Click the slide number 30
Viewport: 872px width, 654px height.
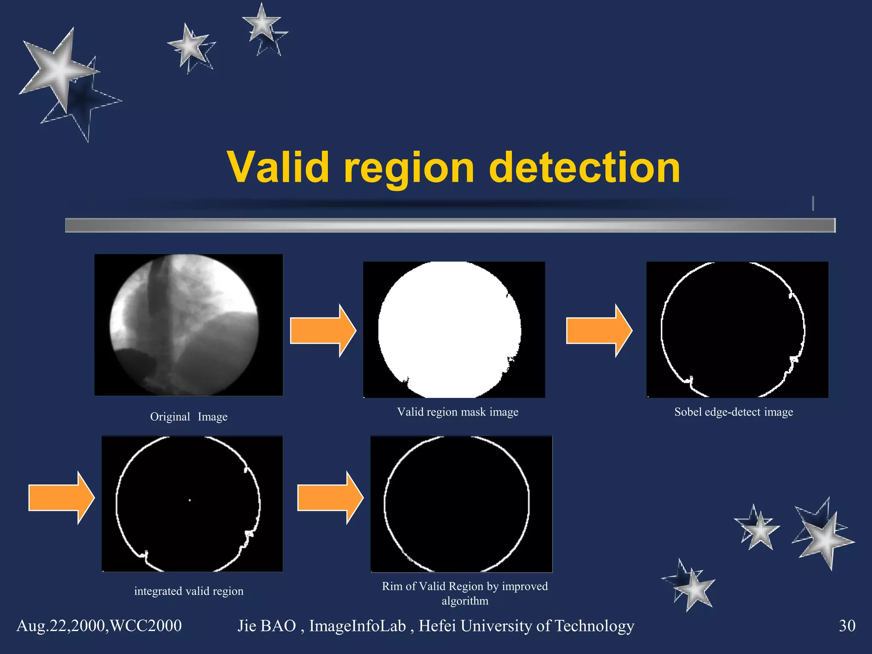click(x=846, y=625)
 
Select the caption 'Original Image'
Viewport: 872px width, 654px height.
click(x=189, y=416)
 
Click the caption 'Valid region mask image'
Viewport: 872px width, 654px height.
click(x=458, y=412)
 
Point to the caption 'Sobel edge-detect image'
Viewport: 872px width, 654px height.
click(x=733, y=412)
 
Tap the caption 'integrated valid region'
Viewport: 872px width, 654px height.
click(x=189, y=591)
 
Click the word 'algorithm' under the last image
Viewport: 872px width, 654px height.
click(x=465, y=601)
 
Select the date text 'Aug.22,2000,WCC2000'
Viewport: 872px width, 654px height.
click(x=99, y=625)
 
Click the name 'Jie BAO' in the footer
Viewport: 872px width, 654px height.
click(x=267, y=625)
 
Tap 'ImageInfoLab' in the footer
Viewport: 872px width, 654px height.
click(x=357, y=625)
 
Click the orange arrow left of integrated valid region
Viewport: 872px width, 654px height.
click(x=60, y=497)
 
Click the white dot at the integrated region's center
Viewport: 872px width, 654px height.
click(x=190, y=500)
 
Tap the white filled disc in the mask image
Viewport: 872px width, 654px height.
click(x=449, y=330)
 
